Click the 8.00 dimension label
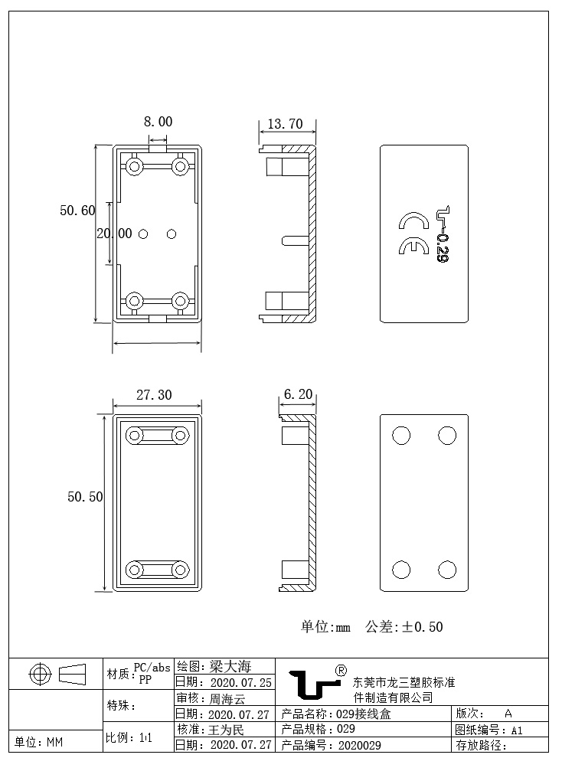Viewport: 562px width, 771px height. (x=158, y=122)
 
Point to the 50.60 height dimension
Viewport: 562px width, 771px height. (x=77, y=211)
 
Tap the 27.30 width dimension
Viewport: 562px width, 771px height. (x=154, y=395)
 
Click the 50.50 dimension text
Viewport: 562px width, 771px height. (x=85, y=497)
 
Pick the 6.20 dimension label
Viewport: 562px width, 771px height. (x=298, y=395)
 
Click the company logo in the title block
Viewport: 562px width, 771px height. (x=314, y=684)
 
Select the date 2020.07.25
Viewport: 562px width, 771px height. (x=240, y=682)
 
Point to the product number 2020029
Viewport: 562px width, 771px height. (x=359, y=745)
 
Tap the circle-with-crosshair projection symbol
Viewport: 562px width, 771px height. (x=39, y=675)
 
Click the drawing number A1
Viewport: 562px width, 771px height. (x=517, y=730)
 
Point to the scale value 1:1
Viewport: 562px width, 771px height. (x=145, y=738)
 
